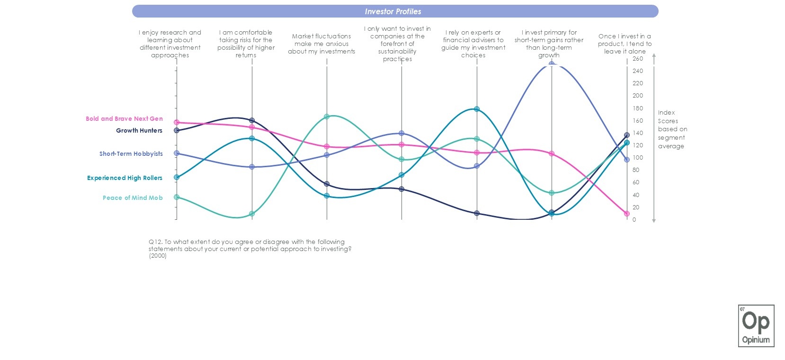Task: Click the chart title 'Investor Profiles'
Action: (392, 11)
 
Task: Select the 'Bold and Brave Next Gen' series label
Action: (124, 118)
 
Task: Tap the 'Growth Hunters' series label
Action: (139, 130)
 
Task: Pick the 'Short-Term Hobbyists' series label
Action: (131, 153)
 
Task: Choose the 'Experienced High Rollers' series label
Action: (125, 178)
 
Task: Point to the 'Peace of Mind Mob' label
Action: (133, 198)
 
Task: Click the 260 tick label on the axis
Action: (638, 59)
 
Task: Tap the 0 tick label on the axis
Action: (634, 220)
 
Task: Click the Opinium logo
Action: (756, 326)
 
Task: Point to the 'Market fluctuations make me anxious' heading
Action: (321, 44)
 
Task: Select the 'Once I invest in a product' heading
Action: (624, 44)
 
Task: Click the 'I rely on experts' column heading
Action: (473, 44)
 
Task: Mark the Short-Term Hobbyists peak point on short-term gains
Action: (552, 64)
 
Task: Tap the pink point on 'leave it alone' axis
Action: (627, 214)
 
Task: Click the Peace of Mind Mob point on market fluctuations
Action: (327, 117)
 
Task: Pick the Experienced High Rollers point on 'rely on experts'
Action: (477, 109)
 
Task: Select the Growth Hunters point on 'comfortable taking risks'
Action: (252, 120)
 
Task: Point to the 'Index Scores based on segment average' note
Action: (672, 129)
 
